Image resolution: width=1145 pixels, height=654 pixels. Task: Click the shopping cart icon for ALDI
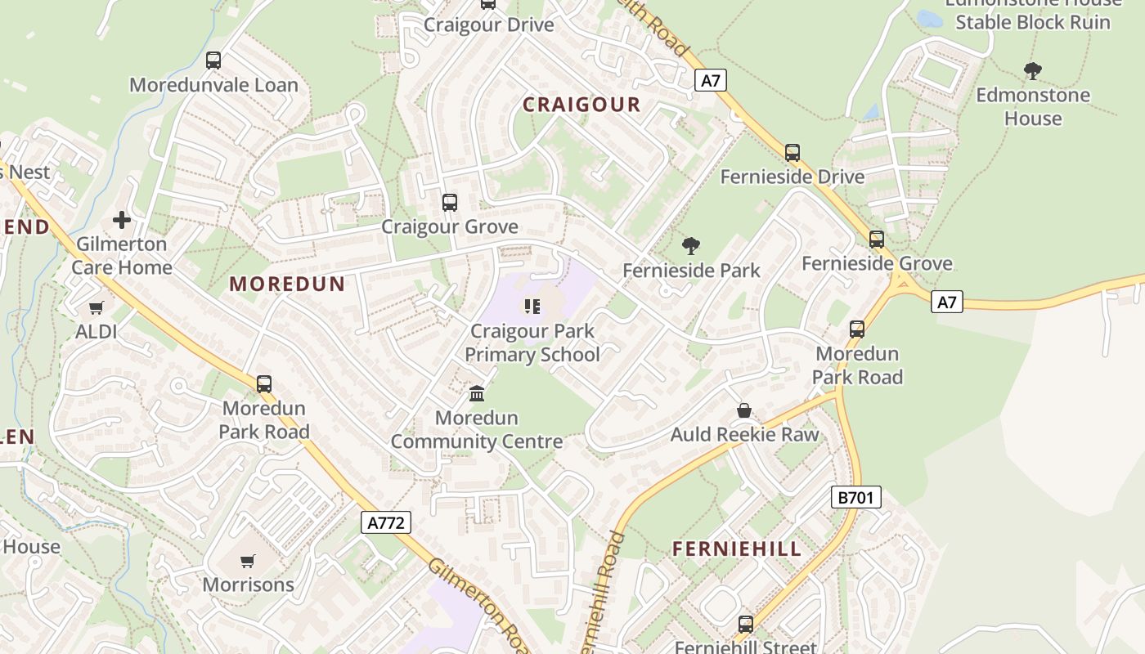tap(97, 307)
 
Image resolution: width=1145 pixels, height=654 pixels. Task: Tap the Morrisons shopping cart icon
tap(248, 561)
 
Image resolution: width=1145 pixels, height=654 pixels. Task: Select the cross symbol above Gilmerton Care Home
tap(122, 220)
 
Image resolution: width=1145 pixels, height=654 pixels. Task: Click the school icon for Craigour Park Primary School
tap(532, 307)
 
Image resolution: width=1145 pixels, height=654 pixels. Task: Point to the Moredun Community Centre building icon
tap(477, 394)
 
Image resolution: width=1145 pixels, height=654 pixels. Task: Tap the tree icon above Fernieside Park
tap(691, 245)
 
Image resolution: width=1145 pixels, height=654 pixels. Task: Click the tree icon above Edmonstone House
tap(1033, 71)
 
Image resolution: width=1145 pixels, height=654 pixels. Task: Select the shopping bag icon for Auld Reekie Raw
tap(744, 410)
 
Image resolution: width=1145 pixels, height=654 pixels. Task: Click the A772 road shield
tap(386, 522)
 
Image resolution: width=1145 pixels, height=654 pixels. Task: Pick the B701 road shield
tap(856, 496)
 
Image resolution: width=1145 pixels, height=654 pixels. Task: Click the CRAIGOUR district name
tap(581, 105)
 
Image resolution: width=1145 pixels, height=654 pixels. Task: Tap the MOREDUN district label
tap(287, 284)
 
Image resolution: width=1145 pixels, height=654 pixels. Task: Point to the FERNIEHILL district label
tap(737, 549)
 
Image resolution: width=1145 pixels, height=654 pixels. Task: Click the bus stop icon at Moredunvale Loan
tap(213, 60)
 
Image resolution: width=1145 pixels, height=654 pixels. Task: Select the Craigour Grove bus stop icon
tap(450, 203)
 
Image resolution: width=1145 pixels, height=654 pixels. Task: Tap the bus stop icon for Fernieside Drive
tap(793, 153)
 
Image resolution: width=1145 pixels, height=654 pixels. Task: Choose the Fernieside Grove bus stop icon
tap(877, 240)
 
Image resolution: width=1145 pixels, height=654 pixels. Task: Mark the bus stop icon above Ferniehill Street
tap(746, 625)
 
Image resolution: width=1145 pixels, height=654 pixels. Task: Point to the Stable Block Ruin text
tap(1033, 22)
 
